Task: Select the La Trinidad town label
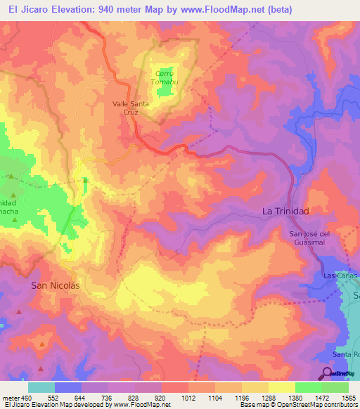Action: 285,211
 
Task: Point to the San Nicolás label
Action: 56,286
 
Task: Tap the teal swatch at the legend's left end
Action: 41,387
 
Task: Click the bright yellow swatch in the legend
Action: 282,387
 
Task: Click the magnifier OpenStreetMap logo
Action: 326,373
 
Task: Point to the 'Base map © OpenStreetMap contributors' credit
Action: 297,405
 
